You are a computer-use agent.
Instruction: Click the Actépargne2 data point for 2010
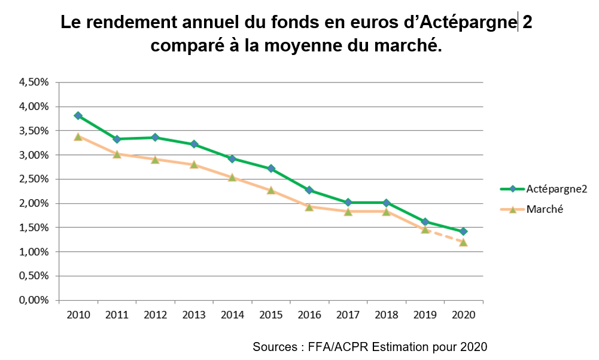point(78,115)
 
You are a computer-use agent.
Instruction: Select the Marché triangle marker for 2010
point(78,136)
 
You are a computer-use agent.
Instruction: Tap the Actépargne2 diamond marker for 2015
point(270,169)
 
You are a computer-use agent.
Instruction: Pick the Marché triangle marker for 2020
point(463,242)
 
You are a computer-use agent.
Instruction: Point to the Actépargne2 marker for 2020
point(463,231)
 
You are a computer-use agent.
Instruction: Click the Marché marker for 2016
point(309,207)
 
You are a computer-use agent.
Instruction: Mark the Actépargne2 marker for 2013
point(193,144)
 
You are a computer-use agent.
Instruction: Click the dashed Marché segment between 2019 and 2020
point(444,236)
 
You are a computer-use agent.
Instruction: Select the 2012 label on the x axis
point(155,315)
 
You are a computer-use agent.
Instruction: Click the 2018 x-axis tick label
point(386,315)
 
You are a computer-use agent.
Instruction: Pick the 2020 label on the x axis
point(463,315)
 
